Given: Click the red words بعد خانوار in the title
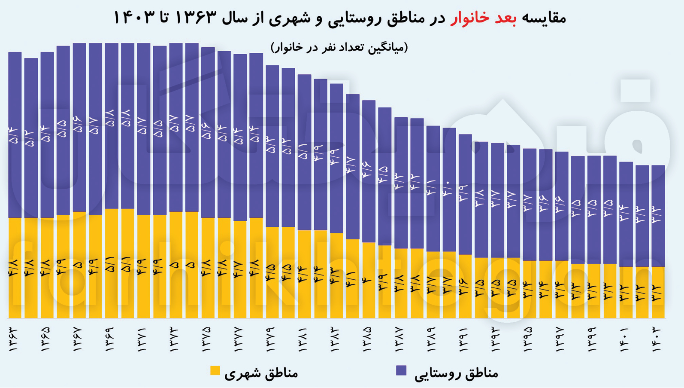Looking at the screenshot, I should pyautogui.click(x=483, y=18).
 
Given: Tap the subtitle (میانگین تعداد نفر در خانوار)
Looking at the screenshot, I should pyautogui.click(x=339, y=47).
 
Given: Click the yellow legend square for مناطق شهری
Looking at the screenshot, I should pyautogui.click(x=215, y=371).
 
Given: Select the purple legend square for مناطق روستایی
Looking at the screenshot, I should pyautogui.click(x=401, y=371).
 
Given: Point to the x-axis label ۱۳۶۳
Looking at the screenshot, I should pyautogui.click(x=15, y=339).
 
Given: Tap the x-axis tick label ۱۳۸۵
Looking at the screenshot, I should pyautogui.click(x=369, y=339).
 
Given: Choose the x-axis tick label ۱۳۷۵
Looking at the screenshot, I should pyautogui.click(x=208, y=339).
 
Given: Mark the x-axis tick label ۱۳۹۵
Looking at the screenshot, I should pyautogui.click(x=530, y=339).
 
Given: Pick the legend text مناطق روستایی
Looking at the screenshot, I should pyautogui.click(x=456, y=373).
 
